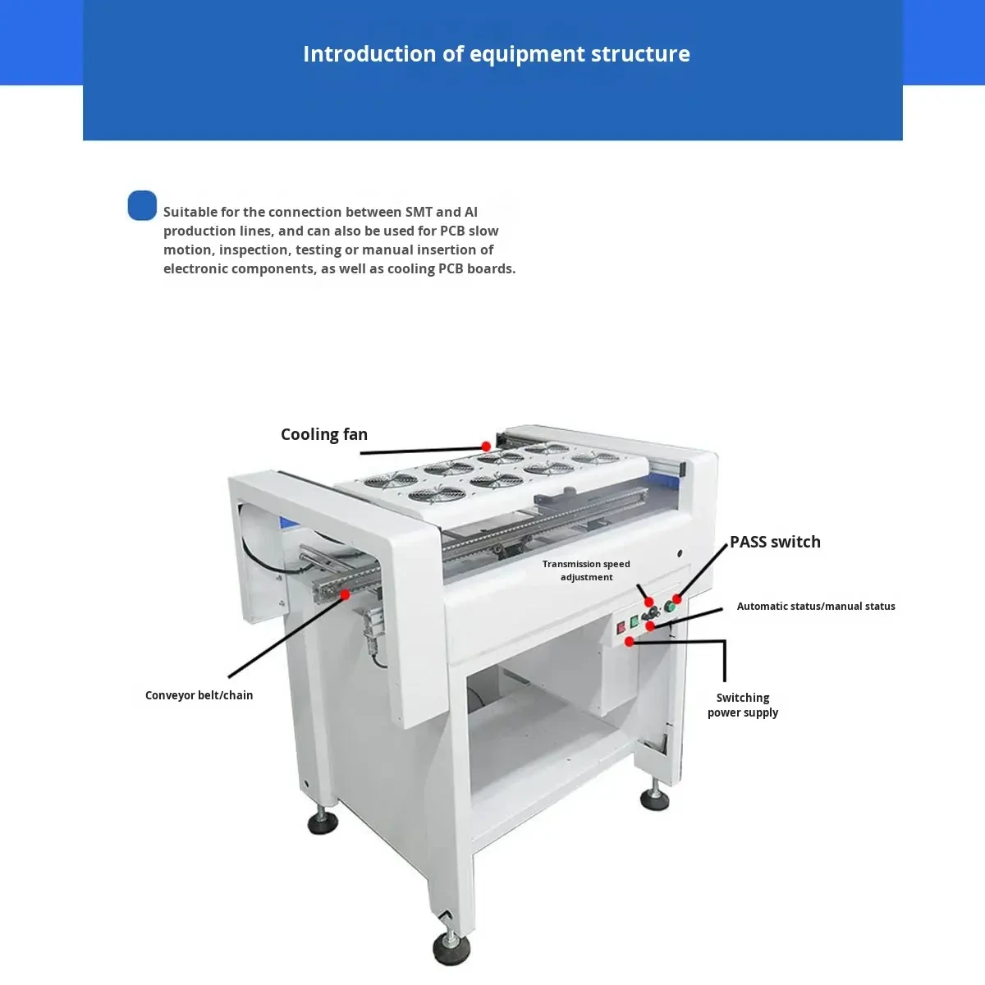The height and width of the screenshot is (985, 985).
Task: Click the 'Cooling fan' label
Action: [x=323, y=434]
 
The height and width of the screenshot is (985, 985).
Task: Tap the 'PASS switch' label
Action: [x=775, y=542]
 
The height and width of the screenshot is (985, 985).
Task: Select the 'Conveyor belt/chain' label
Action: [x=199, y=695]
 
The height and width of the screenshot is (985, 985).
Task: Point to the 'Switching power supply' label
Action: [x=743, y=705]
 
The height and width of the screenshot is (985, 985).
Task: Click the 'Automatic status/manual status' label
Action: [x=816, y=607]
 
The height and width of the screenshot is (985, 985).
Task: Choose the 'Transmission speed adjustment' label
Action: [x=586, y=570]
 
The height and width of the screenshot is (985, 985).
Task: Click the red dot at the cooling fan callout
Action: [x=486, y=447]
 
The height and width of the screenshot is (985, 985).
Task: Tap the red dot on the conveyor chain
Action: [x=345, y=594]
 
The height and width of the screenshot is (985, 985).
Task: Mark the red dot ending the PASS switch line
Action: [x=677, y=599]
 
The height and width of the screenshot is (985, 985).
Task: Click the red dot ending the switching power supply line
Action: [x=630, y=642]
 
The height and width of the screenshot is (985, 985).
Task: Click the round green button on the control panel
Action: [x=669, y=607]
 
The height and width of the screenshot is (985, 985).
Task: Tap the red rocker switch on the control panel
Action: [x=621, y=628]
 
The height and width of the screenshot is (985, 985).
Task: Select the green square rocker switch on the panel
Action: [x=634, y=622]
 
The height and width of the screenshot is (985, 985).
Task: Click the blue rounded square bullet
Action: [x=142, y=205]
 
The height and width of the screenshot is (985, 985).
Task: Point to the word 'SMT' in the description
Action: [x=419, y=212]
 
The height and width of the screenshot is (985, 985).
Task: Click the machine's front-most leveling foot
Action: [x=451, y=949]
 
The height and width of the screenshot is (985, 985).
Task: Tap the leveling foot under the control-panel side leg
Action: [x=654, y=799]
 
